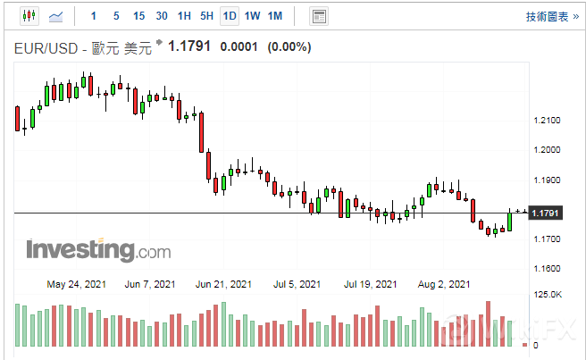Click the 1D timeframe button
tap(230, 16)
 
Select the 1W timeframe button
tap(253, 16)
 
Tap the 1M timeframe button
tap(275, 16)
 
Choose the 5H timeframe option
tap(206, 16)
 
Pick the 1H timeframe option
tap(184, 16)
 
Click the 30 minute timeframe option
tap(162, 16)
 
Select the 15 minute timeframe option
tap(138, 16)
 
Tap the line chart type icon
tap(56, 16)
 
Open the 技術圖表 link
tap(546, 16)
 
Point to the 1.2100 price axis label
tap(546, 121)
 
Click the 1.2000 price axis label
tap(546, 150)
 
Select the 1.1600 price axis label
tap(546, 269)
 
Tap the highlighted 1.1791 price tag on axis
tap(544, 213)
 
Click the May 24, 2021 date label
tap(77, 285)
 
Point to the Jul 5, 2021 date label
tap(297, 285)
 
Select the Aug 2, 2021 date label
tap(444, 285)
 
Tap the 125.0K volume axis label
tap(547, 295)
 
